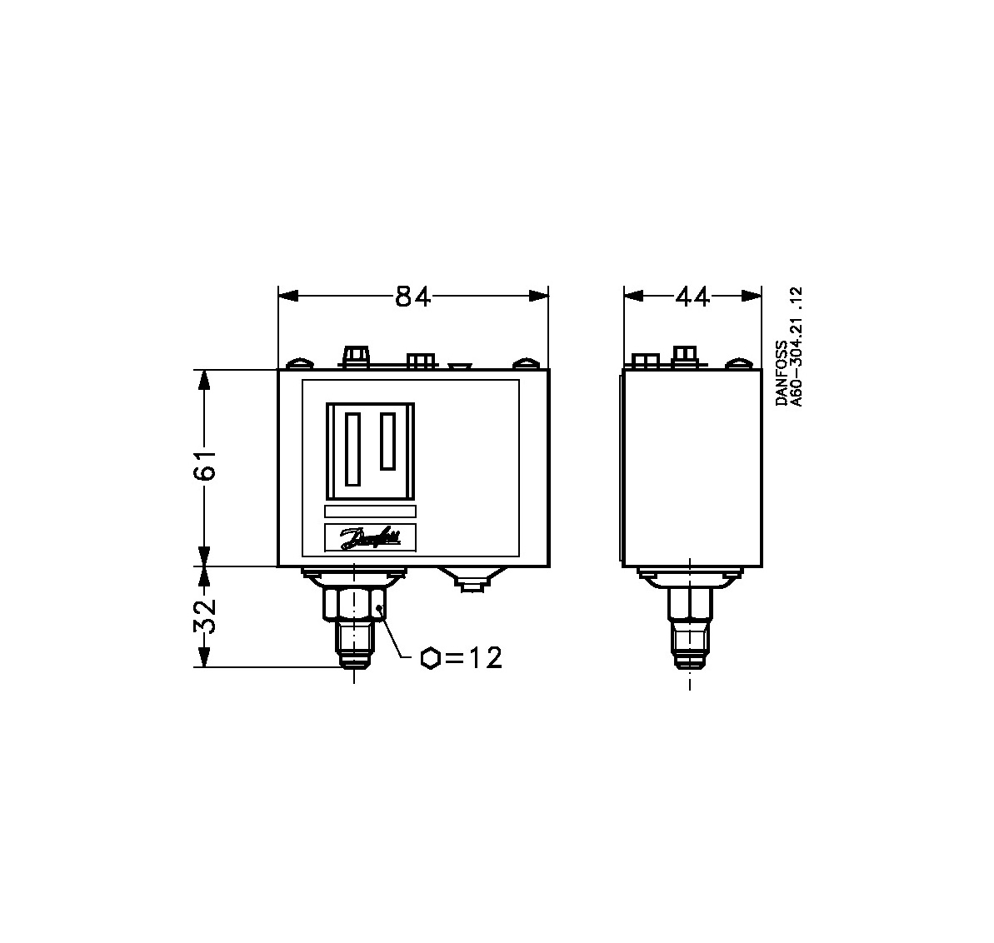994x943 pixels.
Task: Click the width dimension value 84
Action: pos(412,296)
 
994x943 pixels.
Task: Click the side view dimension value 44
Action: pos(693,296)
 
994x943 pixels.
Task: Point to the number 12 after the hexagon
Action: pos(486,658)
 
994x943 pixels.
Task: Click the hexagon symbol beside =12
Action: pos(431,658)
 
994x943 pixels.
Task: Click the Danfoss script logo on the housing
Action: pos(371,538)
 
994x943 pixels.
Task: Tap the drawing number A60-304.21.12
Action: pos(797,347)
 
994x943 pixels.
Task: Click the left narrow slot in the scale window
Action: pos(352,449)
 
